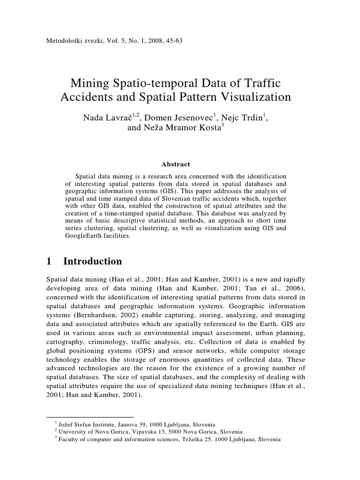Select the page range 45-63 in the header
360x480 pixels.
(x=172, y=40)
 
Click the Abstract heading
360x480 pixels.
(x=175, y=164)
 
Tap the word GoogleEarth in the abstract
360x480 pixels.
(x=86, y=236)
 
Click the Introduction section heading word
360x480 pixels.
(x=92, y=261)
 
